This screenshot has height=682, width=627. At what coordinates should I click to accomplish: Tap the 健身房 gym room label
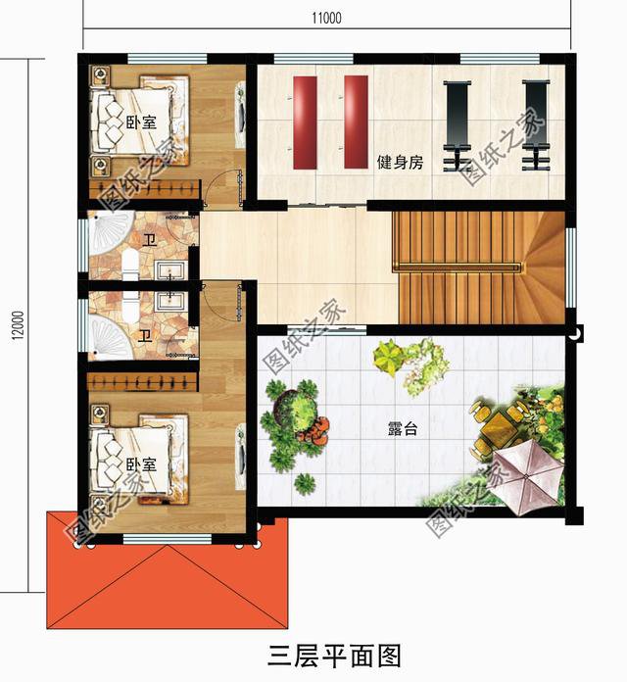coord(400,164)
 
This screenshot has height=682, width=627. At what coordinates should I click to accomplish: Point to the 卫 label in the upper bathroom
coord(148,239)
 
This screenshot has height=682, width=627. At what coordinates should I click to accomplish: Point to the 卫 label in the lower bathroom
coord(144,336)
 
